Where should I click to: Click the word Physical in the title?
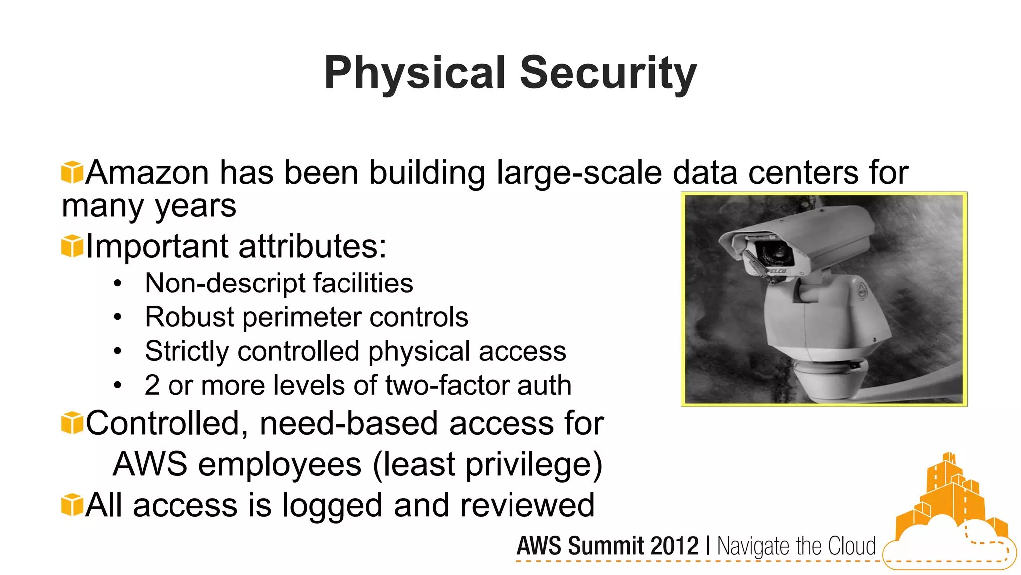(415, 73)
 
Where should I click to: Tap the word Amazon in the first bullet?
(147, 173)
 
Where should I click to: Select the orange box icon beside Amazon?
(72, 172)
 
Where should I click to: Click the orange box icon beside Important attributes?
(72, 246)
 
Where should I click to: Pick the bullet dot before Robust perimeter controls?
(117, 317)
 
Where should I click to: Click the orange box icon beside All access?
(72, 505)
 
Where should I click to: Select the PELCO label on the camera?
(776, 271)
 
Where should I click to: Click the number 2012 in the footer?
(674, 546)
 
